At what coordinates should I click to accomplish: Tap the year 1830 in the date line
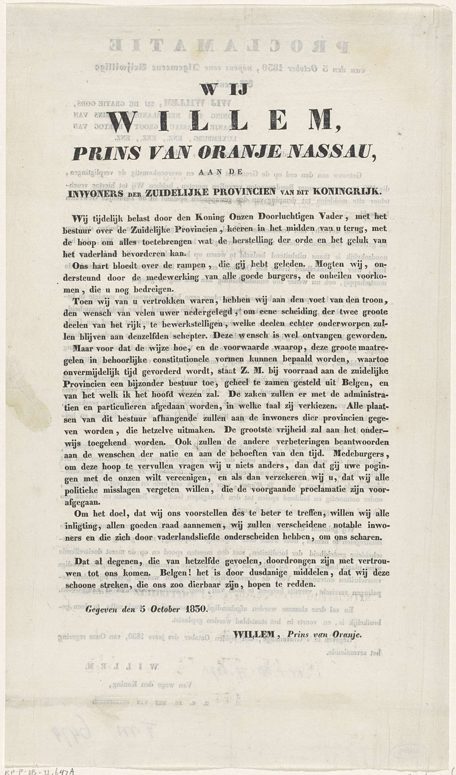coord(195,609)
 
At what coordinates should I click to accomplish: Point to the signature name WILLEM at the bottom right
coord(253,635)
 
